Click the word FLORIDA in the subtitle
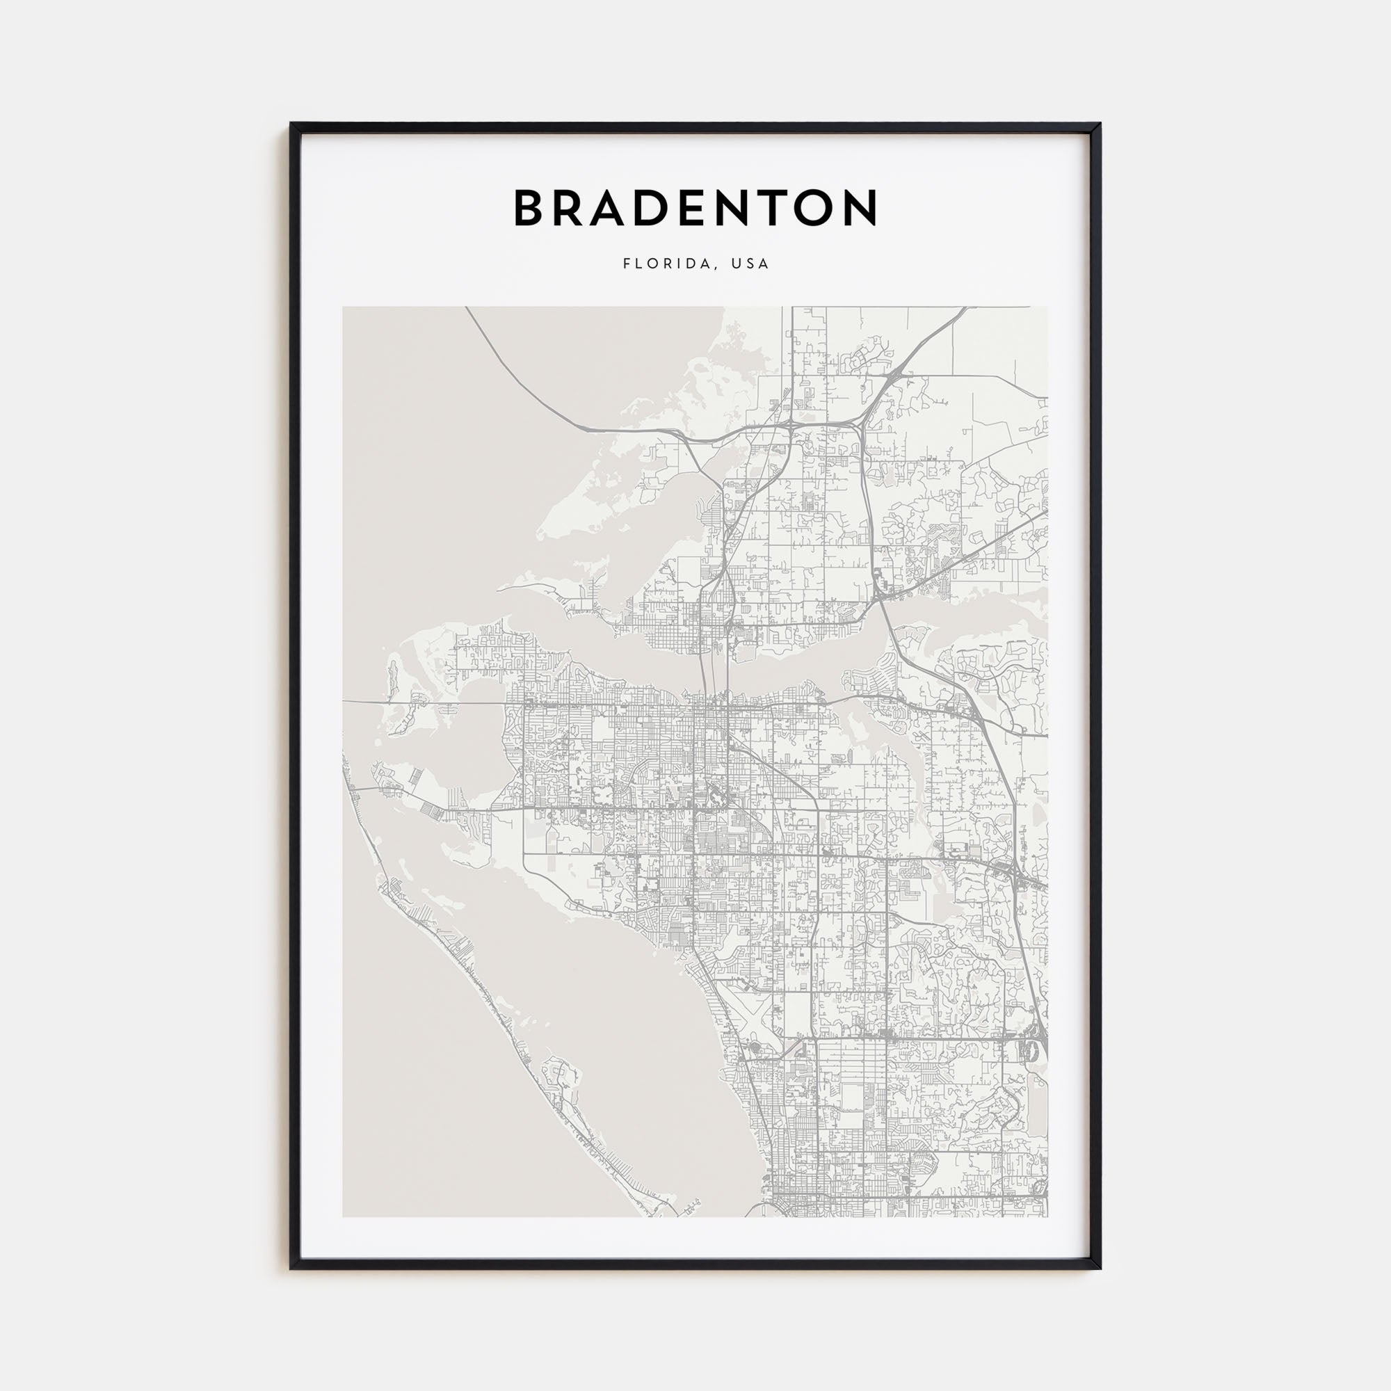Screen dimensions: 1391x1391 click(x=668, y=264)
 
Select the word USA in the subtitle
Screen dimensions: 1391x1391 click(x=750, y=264)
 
